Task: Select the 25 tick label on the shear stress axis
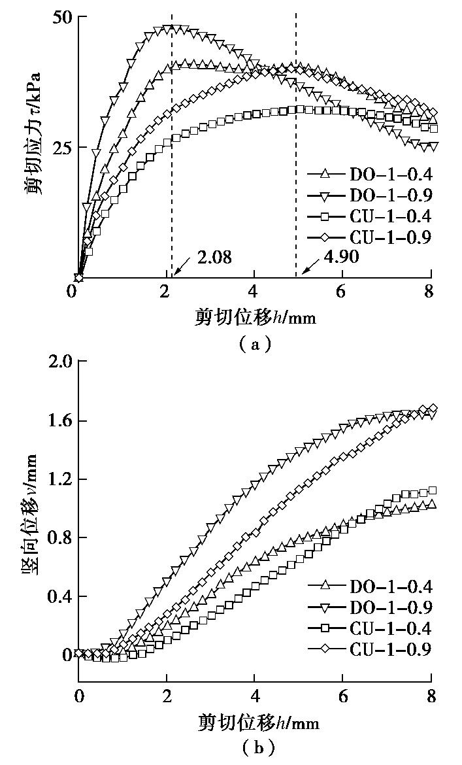point(62,147)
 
